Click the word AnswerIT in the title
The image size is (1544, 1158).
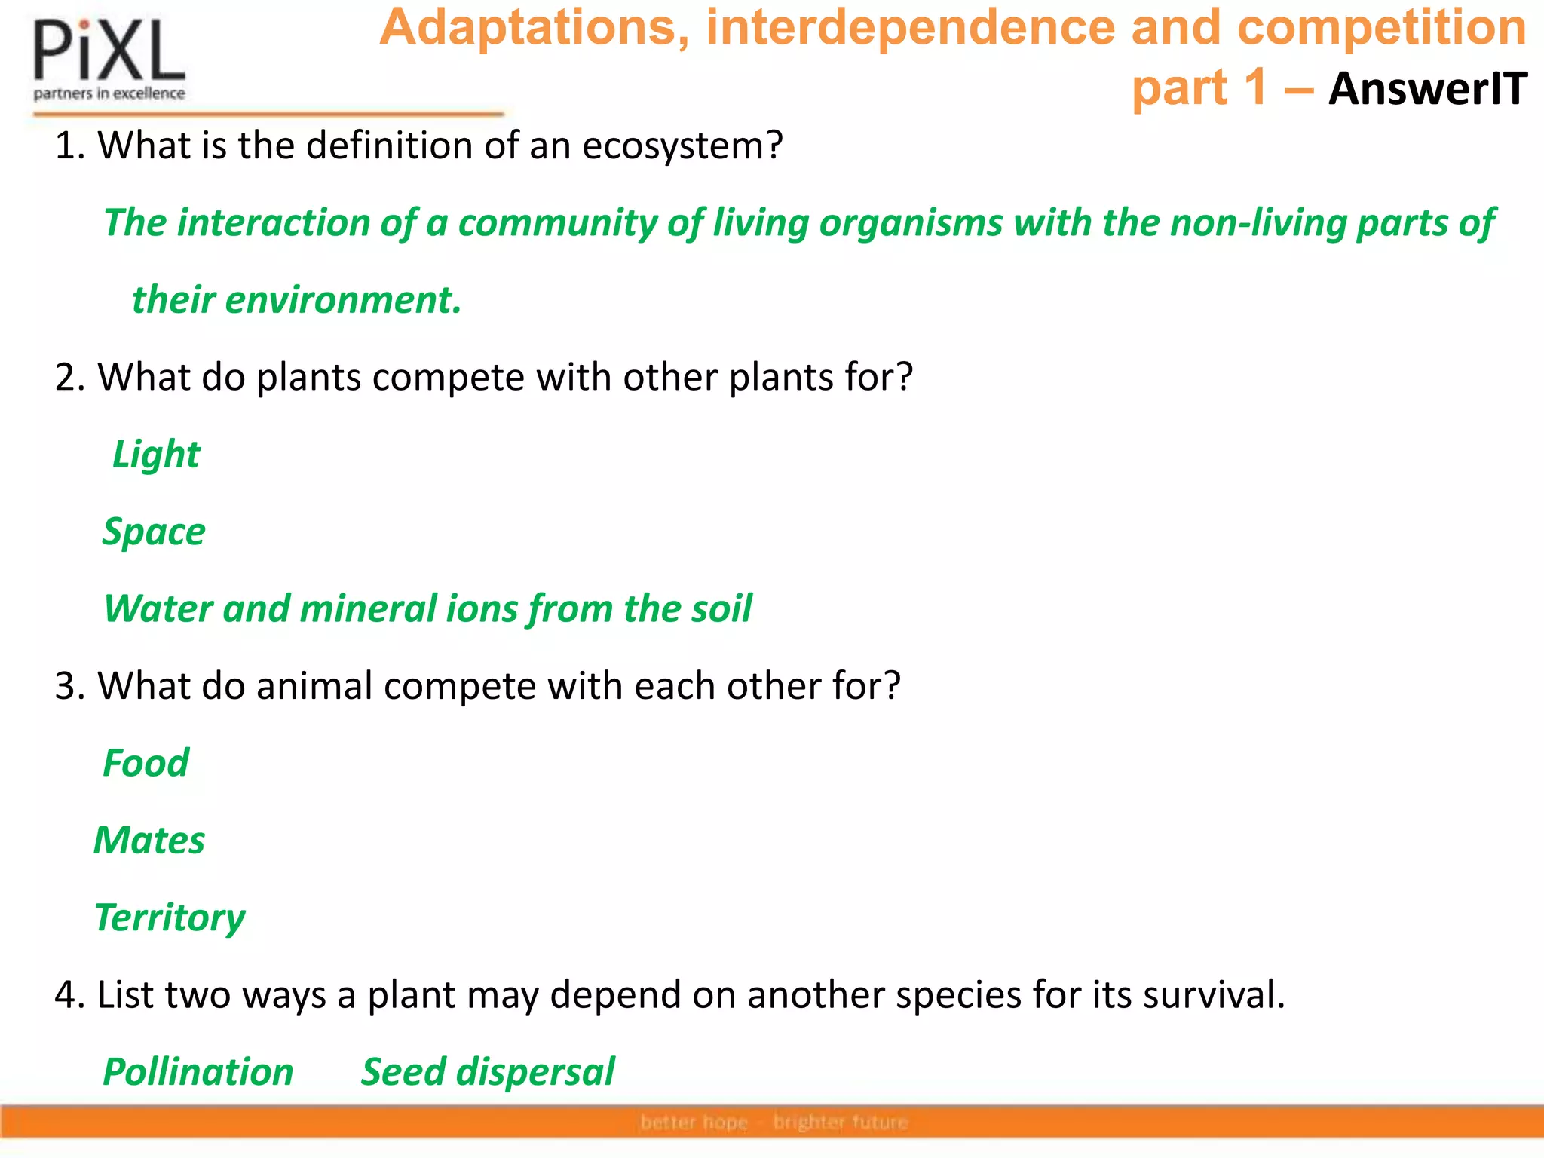[1427, 89]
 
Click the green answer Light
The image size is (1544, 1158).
[156, 455]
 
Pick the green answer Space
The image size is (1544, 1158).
[154, 532]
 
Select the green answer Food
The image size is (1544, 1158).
[146, 763]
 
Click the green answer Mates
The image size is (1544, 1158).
[149, 841]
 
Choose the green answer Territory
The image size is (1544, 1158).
[170, 918]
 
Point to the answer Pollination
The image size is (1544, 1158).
[198, 1072]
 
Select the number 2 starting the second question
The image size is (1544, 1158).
[65, 377]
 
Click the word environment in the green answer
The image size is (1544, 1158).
[342, 300]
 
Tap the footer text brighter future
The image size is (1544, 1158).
[840, 1123]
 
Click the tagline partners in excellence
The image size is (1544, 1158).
[109, 93]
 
